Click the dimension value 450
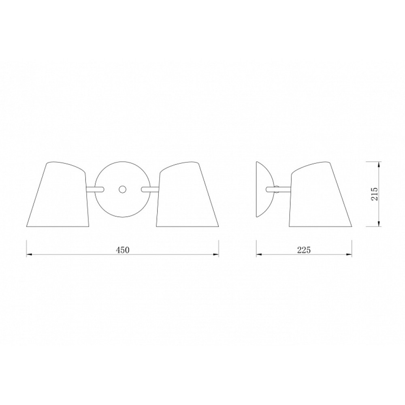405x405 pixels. [x=122, y=250]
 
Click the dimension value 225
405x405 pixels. [x=304, y=250]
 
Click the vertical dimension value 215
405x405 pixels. [x=375, y=194]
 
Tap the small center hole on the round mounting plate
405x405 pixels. [x=122, y=189]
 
